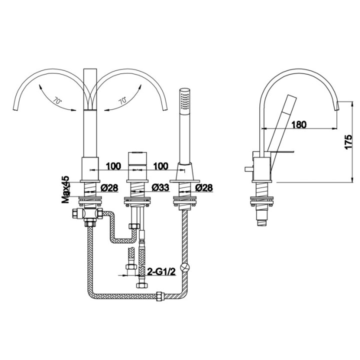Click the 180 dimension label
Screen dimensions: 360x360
(x=298, y=124)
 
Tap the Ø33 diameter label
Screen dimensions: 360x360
(x=158, y=188)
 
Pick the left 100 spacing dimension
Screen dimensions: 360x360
(x=113, y=165)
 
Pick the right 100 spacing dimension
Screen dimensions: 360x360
(x=160, y=165)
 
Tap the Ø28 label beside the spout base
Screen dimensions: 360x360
(x=109, y=188)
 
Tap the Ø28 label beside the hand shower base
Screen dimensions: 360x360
(x=204, y=188)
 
